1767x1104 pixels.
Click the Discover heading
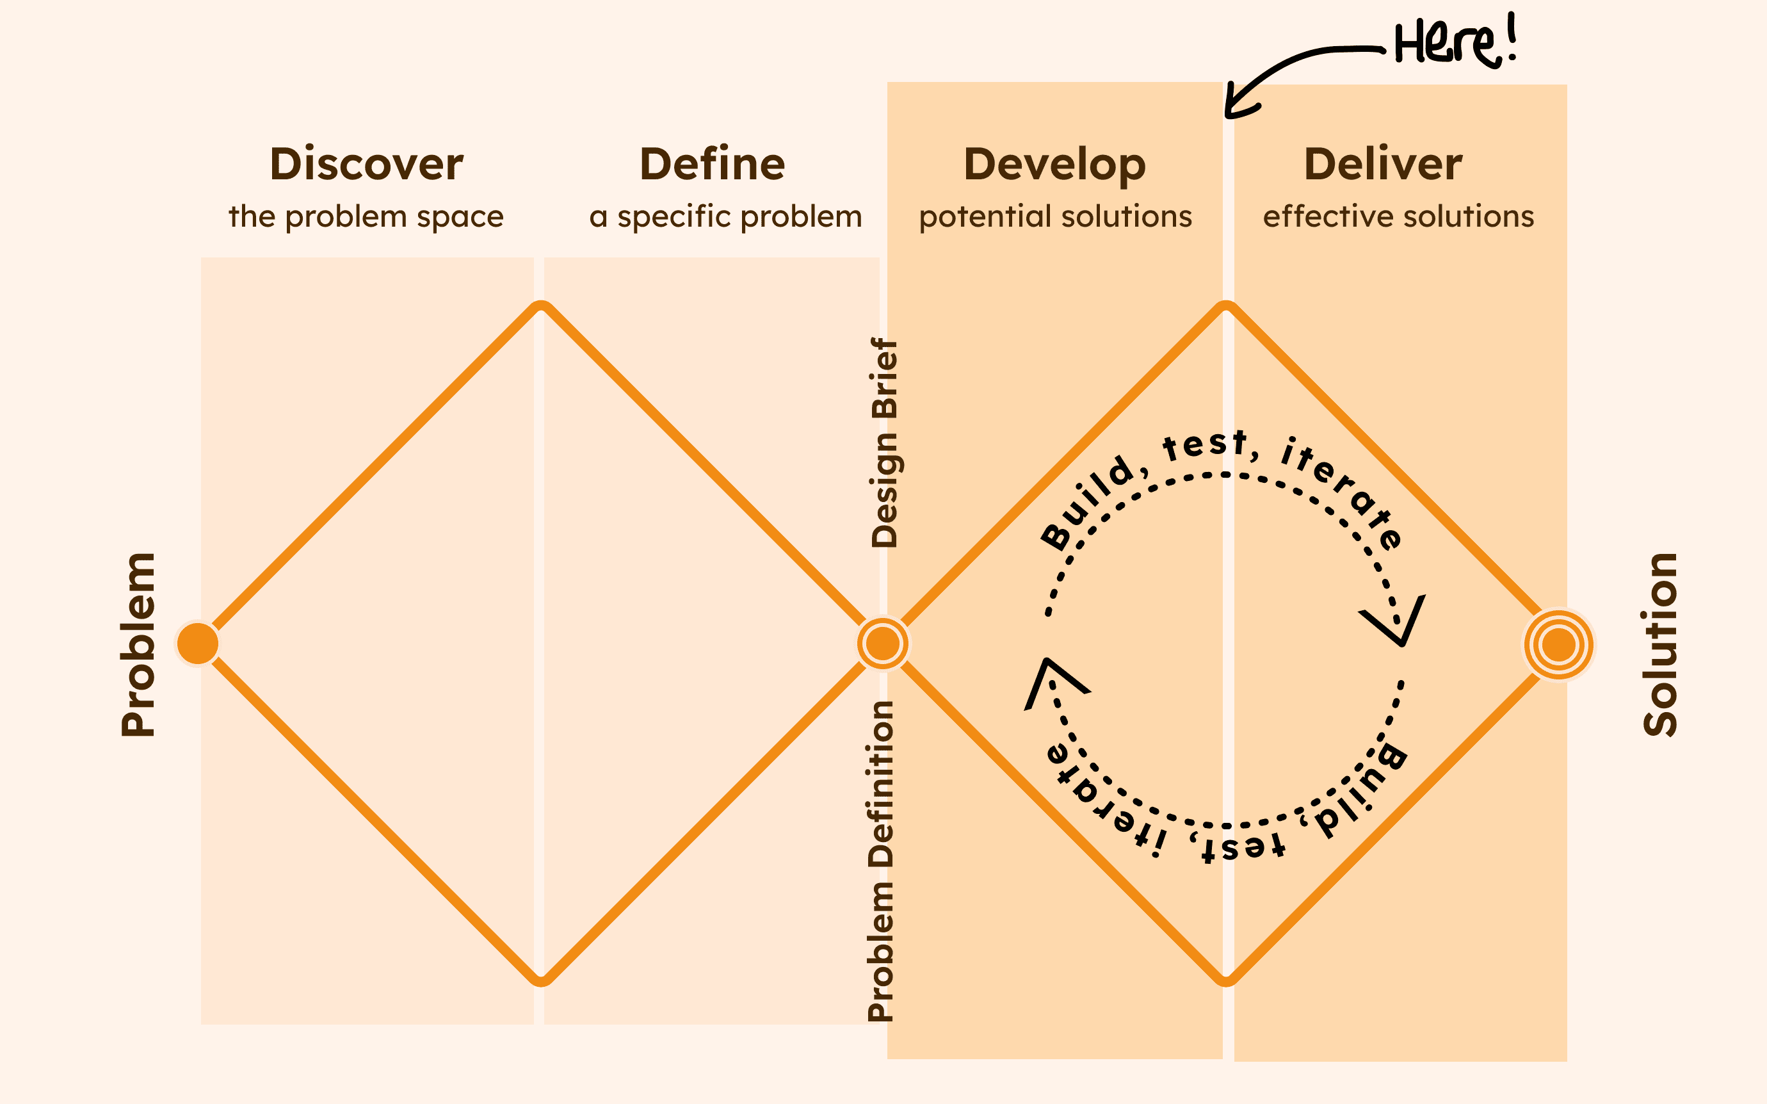click(x=366, y=165)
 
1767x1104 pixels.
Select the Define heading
click(x=713, y=165)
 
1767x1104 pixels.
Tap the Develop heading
click(x=1054, y=166)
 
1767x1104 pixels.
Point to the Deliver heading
click(x=1383, y=165)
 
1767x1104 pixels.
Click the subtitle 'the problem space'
click(x=366, y=217)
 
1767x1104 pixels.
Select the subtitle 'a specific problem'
click(x=725, y=217)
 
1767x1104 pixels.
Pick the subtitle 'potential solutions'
click(x=1055, y=217)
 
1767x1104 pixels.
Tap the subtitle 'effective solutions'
click(x=1398, y=217)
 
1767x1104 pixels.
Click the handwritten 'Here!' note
click(x=1455, y=44)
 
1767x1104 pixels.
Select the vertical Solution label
click(x=1661, y=644)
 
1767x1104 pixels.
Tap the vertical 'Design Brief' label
click(x=884, y=442)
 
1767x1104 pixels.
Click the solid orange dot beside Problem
click(x=198, y=644)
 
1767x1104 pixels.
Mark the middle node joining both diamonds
click(x=883, y=644)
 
